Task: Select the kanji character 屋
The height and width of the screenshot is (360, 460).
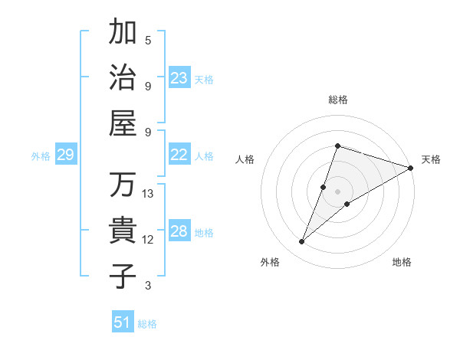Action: coord(123,123)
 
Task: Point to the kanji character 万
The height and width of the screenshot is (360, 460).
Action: coord(123,185)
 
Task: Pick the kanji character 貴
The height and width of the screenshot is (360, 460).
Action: coord(123,231)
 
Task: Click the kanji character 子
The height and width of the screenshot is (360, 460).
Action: coord(123,276)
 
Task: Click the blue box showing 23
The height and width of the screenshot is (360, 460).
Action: coord(179,77)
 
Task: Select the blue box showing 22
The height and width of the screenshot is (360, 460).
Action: coord(179,155)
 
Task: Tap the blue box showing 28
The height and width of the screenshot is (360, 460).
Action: coord(179,231)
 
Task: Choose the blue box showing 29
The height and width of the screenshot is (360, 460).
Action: coord(65,155)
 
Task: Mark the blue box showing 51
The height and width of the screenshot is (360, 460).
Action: coord(123,322)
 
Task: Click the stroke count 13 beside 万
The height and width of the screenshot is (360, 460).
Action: coord(148,194)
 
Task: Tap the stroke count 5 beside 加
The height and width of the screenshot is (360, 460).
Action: coord(148,41)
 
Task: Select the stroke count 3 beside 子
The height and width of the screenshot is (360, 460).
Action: coord(148,286)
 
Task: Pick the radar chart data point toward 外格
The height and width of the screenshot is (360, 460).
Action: coord(302,242)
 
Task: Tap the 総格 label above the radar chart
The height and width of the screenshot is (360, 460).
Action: coord(338,100)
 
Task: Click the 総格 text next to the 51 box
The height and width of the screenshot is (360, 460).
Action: coord(147,324)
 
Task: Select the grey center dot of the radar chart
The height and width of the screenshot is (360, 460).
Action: coord(338,191)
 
